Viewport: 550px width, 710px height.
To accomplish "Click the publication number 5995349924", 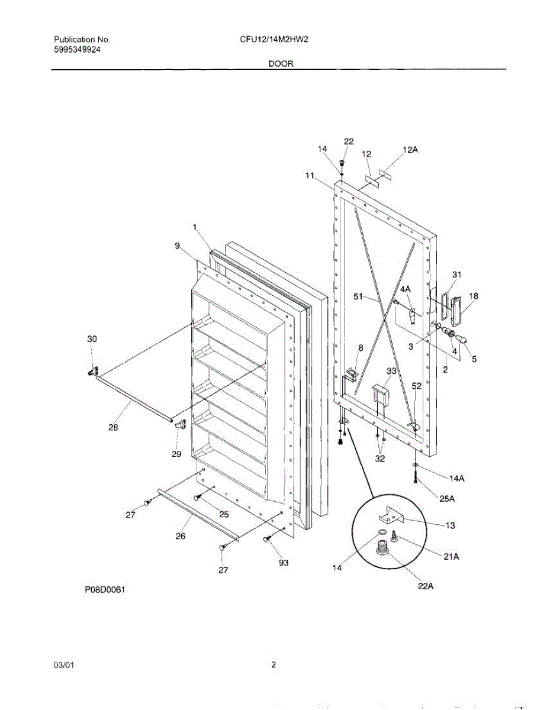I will pos(76,50).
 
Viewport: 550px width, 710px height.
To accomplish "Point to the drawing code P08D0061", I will pos(107,589).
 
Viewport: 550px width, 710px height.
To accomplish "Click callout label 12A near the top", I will pos(410,151).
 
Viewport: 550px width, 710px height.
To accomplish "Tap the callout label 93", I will pos(284,563).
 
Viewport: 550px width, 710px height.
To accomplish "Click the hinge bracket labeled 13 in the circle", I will pos(393,516).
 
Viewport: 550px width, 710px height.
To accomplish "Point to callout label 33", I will pos(391,371).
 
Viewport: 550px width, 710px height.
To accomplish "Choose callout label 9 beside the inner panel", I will pos(178,245).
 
